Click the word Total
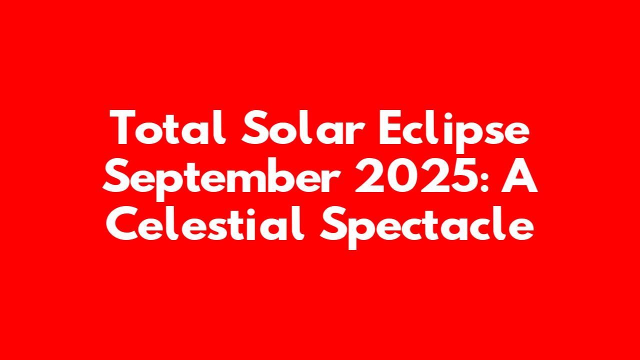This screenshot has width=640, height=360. [x=167, y=127]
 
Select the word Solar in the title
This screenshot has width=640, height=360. [x=303, y=127]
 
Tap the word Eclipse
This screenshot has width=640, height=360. [x=454, y=131]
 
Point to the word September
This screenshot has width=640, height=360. [x=221, y=179]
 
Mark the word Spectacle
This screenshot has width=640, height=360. [x=427, y=227]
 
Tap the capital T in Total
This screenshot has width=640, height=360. [x=122, y=127]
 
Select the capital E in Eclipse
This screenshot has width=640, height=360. [x=391, y=127]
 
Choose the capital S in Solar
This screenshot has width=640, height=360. [x=254, y=127]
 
